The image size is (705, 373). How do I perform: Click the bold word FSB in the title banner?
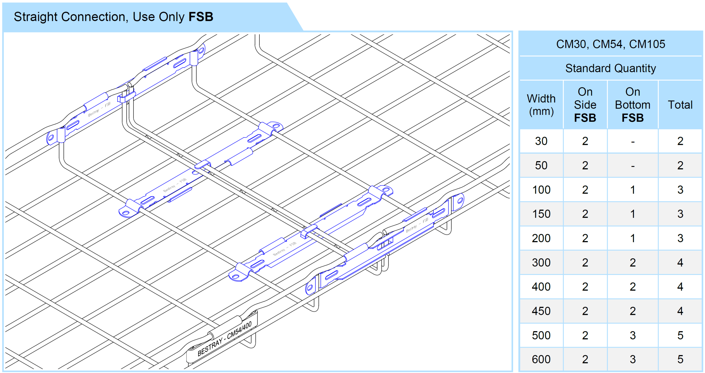(201, 17)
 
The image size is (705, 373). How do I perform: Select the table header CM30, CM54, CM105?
(610, 44)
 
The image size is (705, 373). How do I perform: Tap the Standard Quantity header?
(610, 68)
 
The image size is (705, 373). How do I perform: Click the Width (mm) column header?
(541, 105)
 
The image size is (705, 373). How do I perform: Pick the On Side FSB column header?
(585, 105)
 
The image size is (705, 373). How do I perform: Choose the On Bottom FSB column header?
(633, 105)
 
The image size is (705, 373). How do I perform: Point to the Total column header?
(680, 105)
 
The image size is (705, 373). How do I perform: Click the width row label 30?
(541, 141)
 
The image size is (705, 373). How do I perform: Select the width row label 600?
(541, 359)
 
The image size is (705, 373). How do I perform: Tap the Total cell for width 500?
(680, 335)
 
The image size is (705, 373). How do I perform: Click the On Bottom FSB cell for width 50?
(633, 166)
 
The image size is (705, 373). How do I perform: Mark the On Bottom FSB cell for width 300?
(633, 263)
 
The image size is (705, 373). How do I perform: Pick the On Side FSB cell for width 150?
(585, 214)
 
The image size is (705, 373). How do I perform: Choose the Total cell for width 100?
(680, 190)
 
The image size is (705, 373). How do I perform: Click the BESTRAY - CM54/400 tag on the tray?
(224, 339)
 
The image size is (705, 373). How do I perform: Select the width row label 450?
(541, 311)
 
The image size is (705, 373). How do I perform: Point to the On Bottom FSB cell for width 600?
(633, 359)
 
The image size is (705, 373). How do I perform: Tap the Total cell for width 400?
(680, 287)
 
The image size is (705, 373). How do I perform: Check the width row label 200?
(541, 238)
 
